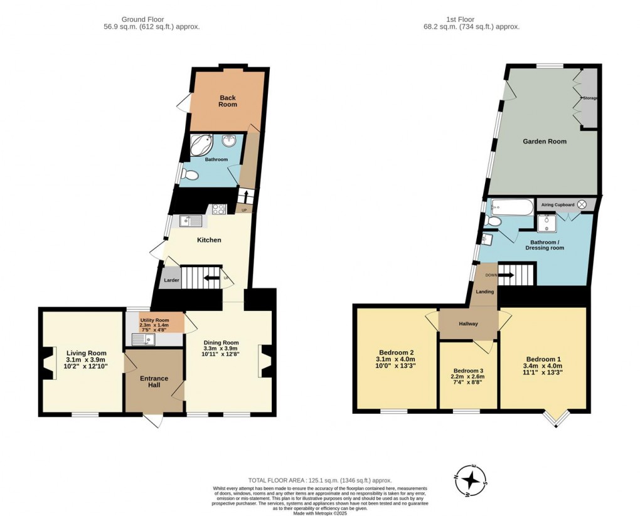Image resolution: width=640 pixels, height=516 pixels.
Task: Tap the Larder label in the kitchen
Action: click(x=171, y=281)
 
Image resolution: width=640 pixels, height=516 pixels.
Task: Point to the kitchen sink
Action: click(x=190, y=221)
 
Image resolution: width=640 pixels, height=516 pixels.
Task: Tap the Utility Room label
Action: click(x=154, y=320)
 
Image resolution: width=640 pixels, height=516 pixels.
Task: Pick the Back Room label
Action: click(x=228, y=101)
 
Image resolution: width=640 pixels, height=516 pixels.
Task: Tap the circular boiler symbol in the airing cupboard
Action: click(x=582, y=204)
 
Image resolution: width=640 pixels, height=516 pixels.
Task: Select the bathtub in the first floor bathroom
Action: click(x=510, y=205)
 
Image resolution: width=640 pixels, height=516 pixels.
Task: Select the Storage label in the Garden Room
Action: click(x=589, y=98)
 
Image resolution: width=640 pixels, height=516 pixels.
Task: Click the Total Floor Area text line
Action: click(x=319, y=479)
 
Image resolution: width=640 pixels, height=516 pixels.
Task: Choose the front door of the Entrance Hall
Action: click(x=154, y=421)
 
